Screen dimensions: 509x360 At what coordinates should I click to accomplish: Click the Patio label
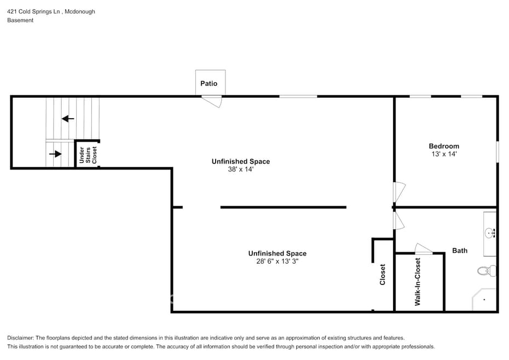coord(209,83)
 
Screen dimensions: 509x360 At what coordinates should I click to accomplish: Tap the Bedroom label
coord(444,146)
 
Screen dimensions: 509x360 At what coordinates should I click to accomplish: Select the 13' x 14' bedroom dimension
coord(444,154)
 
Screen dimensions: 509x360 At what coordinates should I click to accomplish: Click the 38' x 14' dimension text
coord(240,169)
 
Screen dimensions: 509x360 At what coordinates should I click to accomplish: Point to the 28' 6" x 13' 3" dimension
coord(277,262)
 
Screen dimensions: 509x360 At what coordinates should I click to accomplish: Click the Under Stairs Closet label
coord(88,155)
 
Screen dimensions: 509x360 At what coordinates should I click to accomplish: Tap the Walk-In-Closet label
coord(418,282)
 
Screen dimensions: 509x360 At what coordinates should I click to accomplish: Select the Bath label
coord(460,251)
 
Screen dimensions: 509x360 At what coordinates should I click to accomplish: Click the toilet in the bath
coord(487,270)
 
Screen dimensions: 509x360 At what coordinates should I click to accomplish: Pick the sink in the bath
coord(490,233)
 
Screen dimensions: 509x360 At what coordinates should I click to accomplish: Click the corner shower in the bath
coord(484,299)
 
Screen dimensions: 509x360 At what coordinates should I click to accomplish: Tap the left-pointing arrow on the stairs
coord(68,119)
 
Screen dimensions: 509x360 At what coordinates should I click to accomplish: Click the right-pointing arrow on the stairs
coord(55,154)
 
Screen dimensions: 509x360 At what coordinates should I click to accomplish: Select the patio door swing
coord(212,102)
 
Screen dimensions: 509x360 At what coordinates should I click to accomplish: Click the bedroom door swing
coord(400,192)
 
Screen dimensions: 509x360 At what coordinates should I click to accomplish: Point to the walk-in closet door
coord(423,248)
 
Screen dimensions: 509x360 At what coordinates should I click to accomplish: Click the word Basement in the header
coord(20,20)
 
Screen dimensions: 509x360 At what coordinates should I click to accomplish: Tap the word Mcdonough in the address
coord(80,11)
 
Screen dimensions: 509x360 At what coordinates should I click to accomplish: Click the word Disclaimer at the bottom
coord(20,338)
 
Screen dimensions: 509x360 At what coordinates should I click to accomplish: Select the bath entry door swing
coord(399,220)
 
